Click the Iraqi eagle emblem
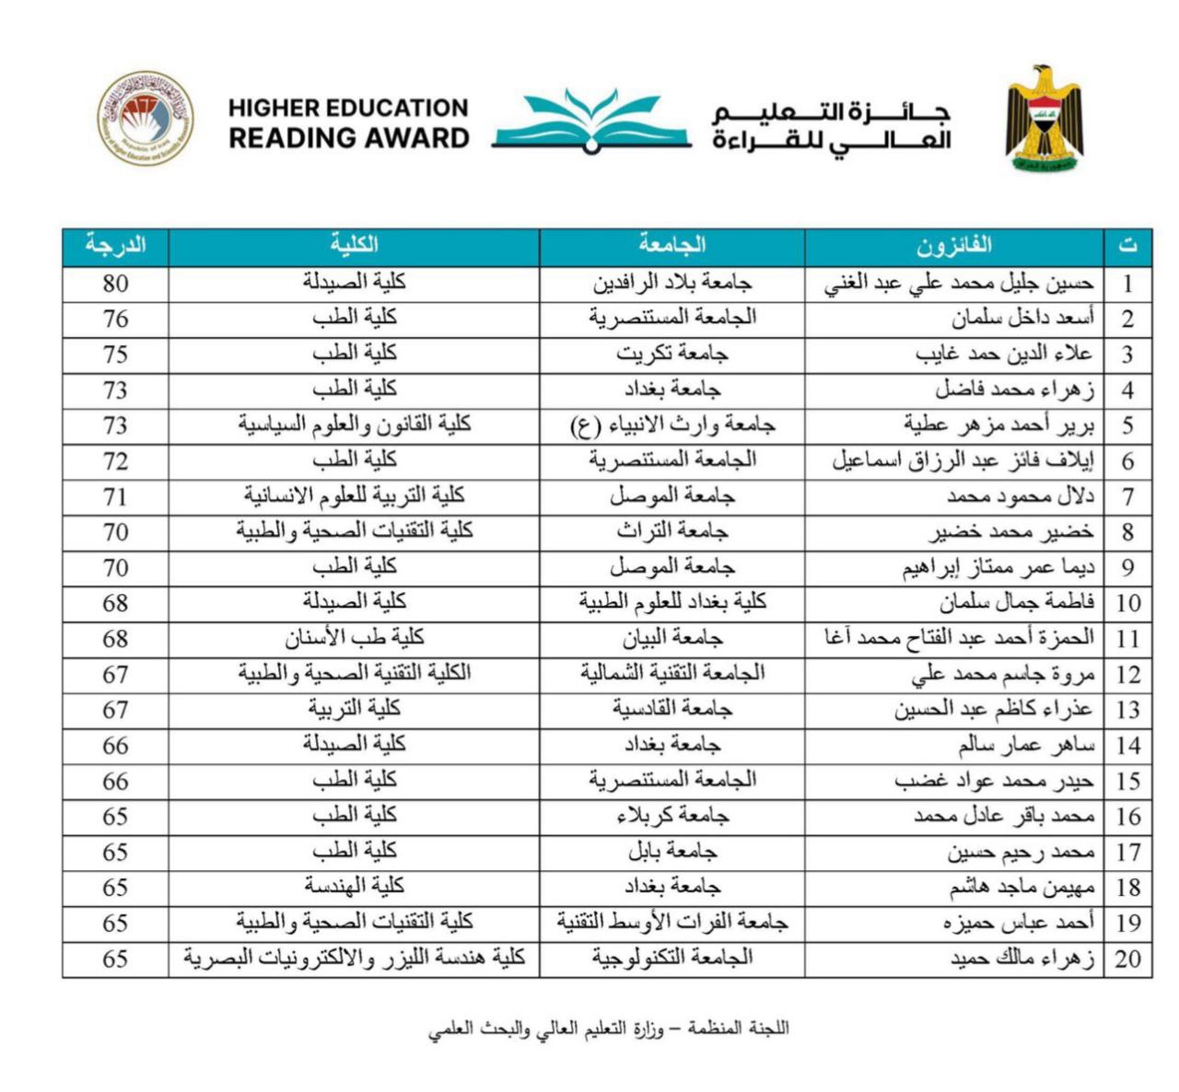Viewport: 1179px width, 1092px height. pos(1044,120)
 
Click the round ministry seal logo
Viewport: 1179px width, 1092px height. pos(146,119)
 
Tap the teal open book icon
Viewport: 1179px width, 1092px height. pos(590,122)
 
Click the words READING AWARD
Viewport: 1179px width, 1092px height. pos(349,139)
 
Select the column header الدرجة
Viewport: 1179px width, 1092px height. pos(115,246)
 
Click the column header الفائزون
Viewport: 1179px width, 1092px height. pos(953,246)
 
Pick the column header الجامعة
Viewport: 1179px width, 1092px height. pos(671,246)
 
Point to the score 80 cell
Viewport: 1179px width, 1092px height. pos(115,284)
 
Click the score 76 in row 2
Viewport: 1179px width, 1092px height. pos(115,319)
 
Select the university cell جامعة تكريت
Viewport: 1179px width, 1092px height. pos(671,354)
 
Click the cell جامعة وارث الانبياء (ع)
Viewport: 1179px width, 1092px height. pos(671,424)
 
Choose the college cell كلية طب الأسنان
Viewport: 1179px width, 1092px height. pos(354,637)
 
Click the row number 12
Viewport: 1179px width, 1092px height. pos(1127,674)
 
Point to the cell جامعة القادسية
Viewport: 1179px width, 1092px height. pos(671,709)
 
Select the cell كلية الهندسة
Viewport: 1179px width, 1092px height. pos(354,887)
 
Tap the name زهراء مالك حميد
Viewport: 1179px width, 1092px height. pos(1022,958)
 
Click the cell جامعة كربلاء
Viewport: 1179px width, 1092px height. pos(671,816)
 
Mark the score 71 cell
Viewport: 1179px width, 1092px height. pos(115,496)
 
